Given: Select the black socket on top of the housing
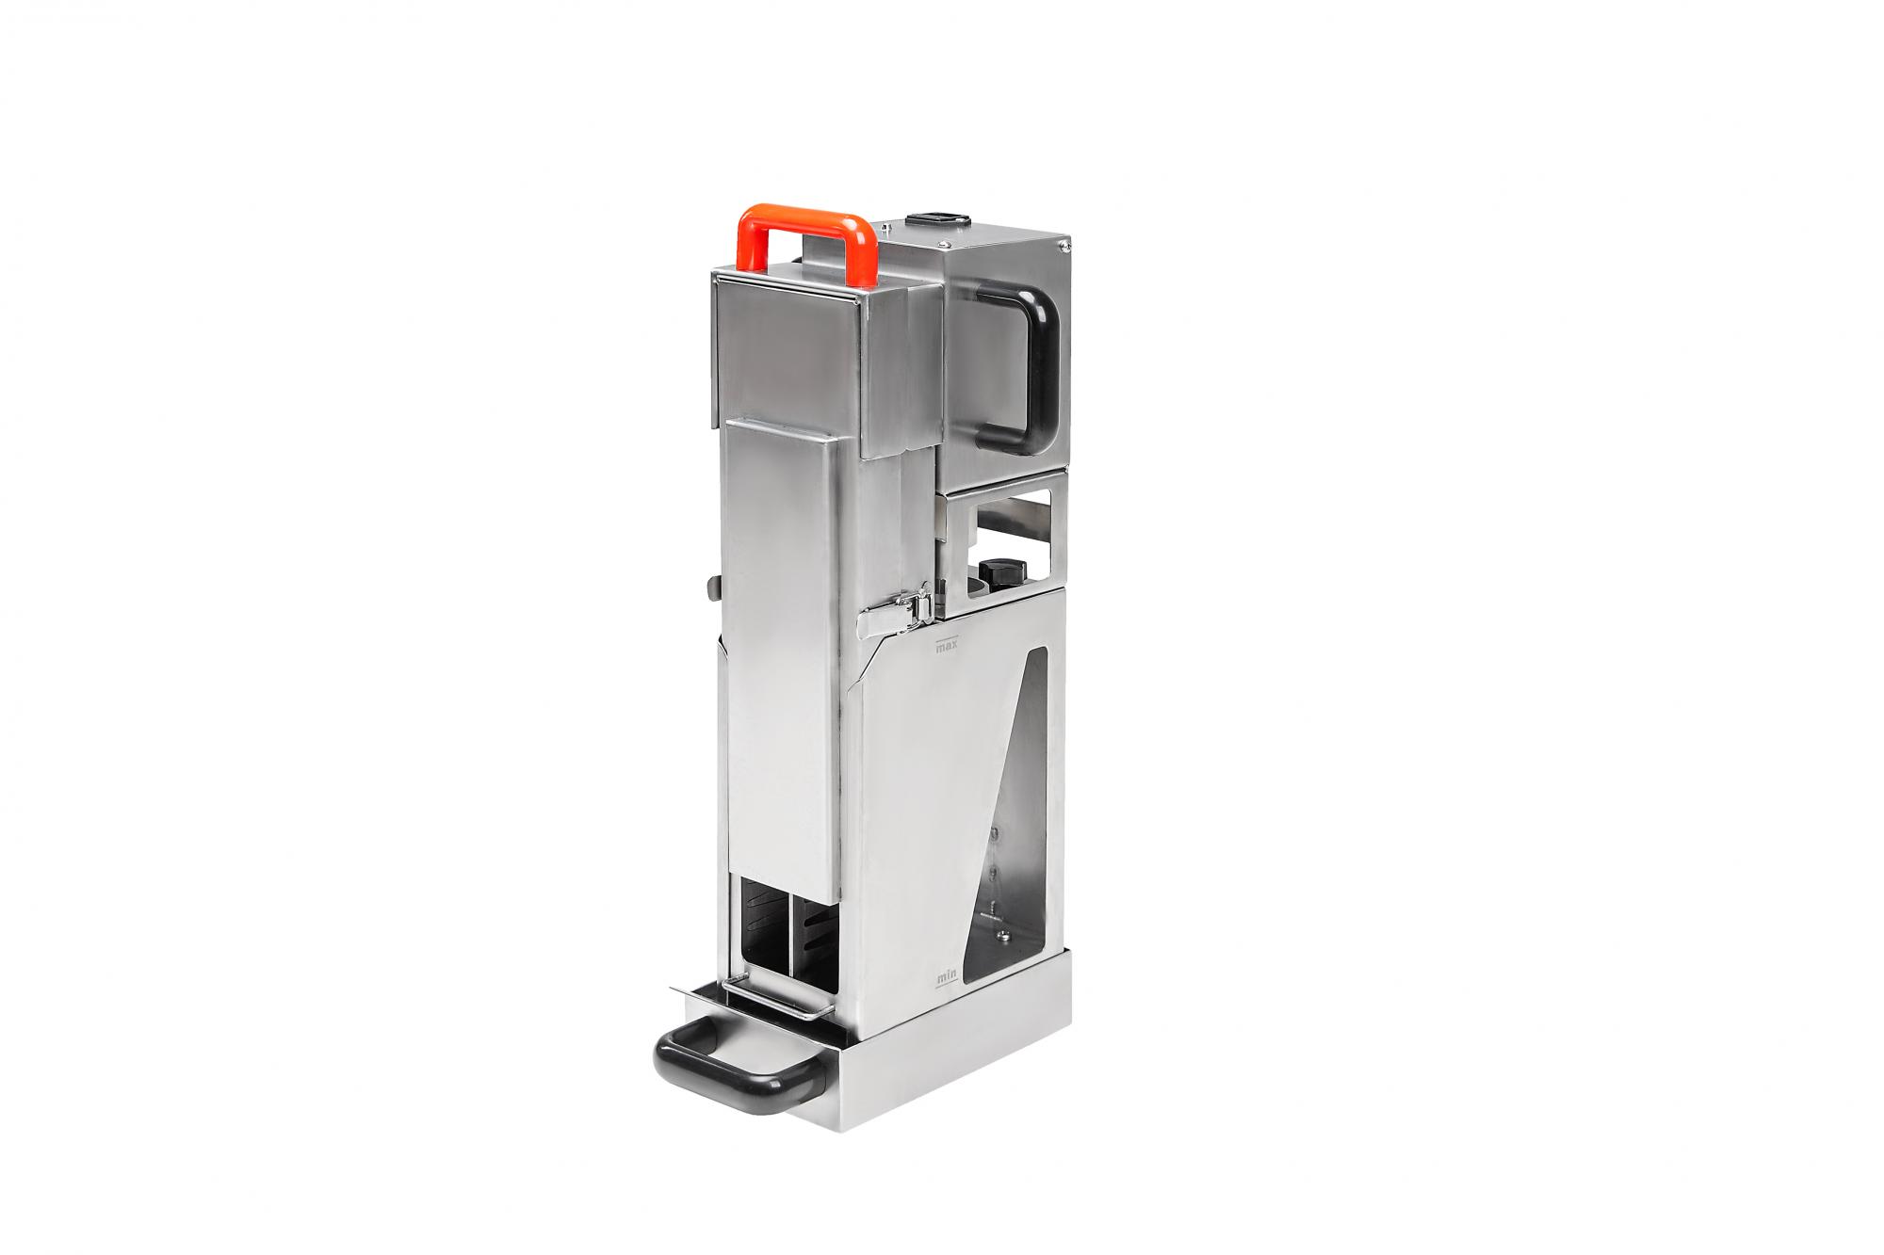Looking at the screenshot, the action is pos(933,223).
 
